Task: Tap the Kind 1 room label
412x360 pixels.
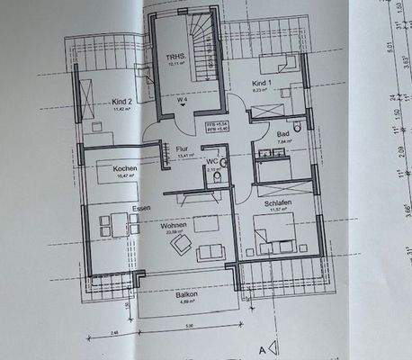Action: pyautogui.click(x=260, y=83)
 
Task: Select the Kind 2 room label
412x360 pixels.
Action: pyautogui.click(x=122, y=102)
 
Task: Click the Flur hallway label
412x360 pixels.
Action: pyautogui.click(x=182, y=149)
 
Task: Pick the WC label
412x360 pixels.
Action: pyautogui.click(x=213, y=161)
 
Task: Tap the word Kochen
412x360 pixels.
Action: pyautogui.click(x=125, y=169)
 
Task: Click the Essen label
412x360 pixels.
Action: pyautogui.click(x=141, y=208)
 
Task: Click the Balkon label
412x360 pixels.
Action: pyautogui.click(x=186, y=293)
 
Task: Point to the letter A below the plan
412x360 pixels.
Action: pyautogui.click(x=261, y=346)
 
